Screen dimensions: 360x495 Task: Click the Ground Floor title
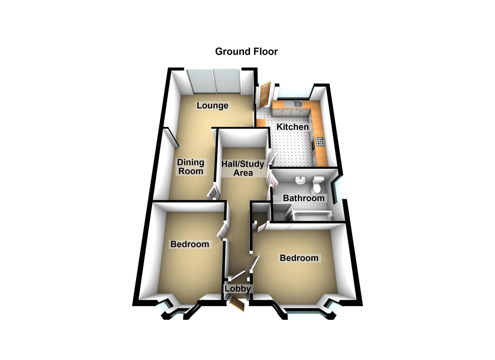[246, 52]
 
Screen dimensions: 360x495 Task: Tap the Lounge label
[212, 106]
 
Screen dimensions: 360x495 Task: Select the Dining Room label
[190, 167]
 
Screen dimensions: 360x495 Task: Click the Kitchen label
[293, 127]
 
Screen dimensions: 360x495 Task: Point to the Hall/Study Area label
[243, 168]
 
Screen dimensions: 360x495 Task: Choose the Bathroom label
[304, 198]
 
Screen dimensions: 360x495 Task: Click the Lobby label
[237, 289]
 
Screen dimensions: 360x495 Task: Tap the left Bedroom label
[190, 244]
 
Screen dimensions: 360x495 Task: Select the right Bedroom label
[299, 258]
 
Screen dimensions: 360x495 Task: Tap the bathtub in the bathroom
[310, 216]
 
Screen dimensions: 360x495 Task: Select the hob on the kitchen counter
[320, 142]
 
